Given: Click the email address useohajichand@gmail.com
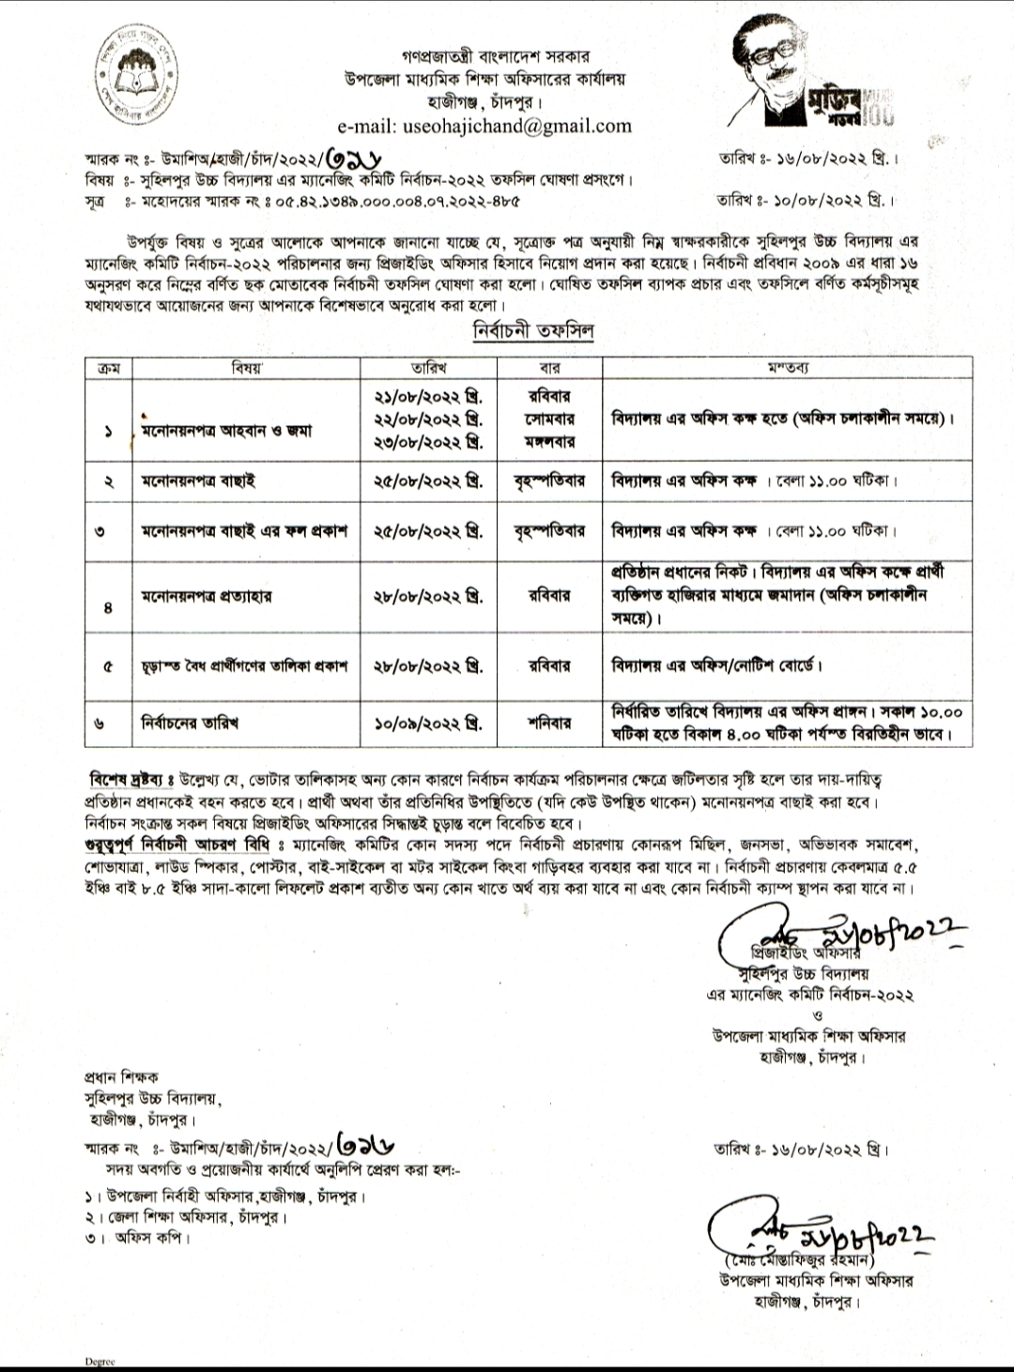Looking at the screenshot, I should coord(484,126).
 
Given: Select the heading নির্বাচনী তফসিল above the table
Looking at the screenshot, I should coord(532,331).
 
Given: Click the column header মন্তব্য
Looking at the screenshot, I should coord(787,368).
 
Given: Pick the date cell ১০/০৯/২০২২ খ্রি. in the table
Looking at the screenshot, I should coord(428,724).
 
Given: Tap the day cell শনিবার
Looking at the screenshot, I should coord(549,724).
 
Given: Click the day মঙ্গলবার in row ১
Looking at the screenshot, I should coord(549,441).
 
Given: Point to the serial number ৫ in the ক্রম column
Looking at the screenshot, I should coord(109,666).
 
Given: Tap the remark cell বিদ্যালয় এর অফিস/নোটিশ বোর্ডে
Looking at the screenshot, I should coord(716,666).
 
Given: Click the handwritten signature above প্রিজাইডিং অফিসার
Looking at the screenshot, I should coord(836,932).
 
